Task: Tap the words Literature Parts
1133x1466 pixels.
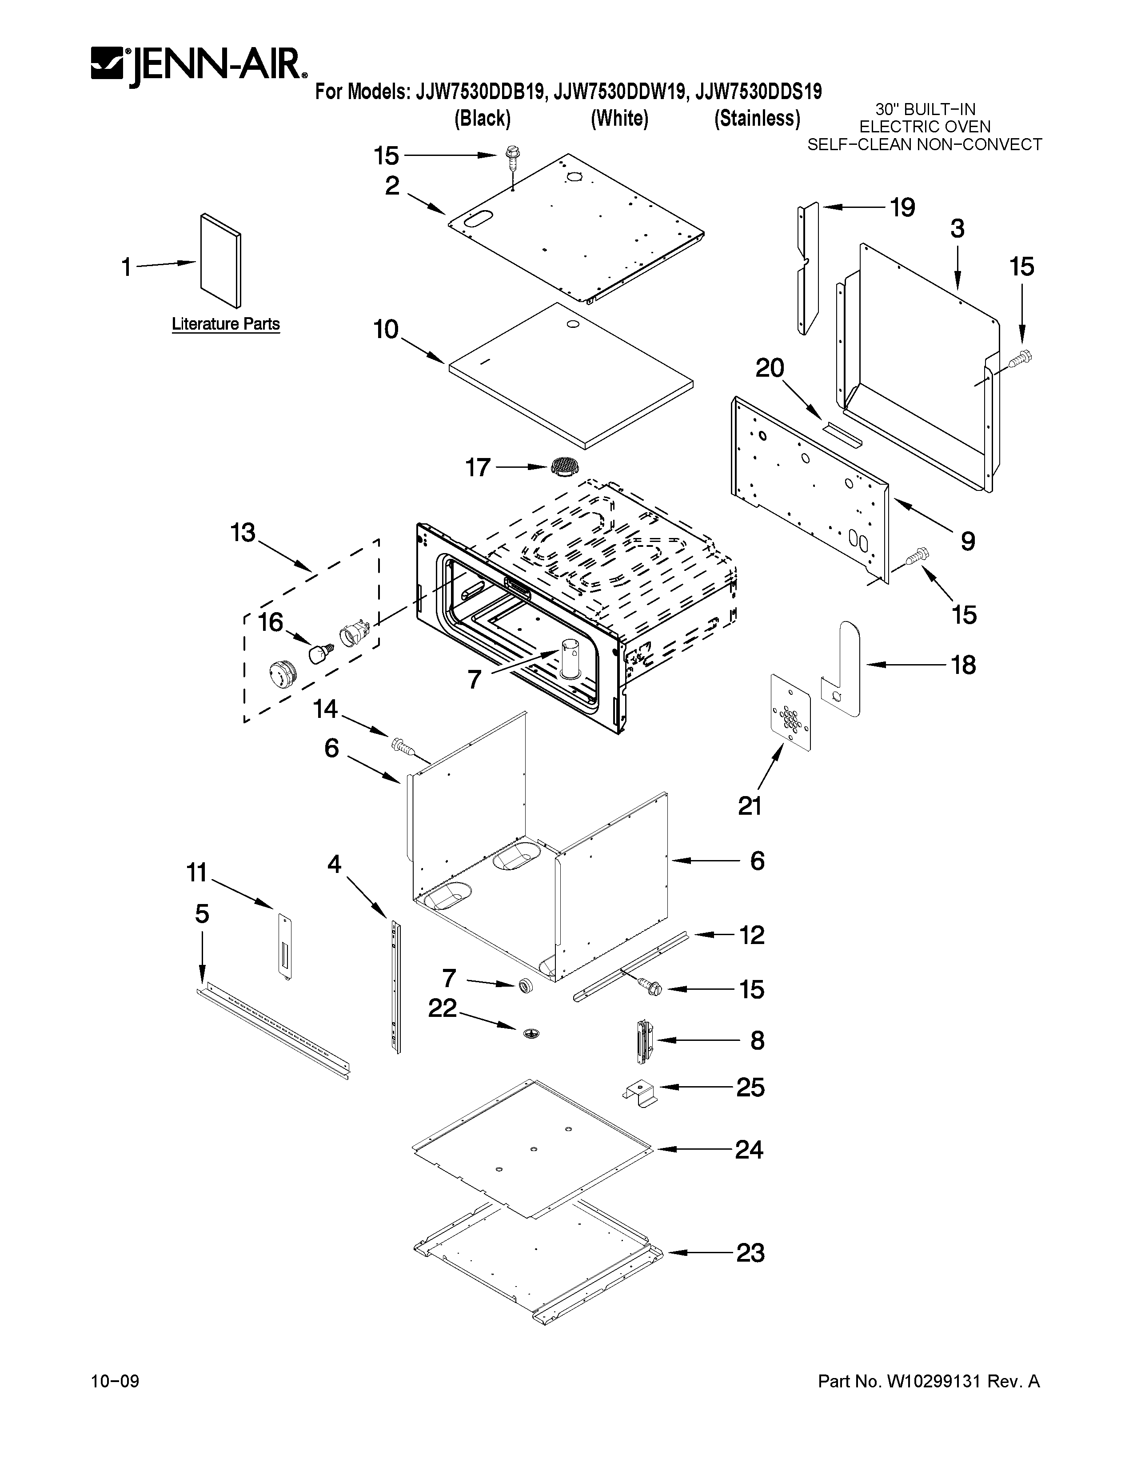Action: (226, 324)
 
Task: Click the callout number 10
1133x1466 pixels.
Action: (386, 330)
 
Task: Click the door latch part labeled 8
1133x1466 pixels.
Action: (644, 1040)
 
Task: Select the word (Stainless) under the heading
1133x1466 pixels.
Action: (757, 119)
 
